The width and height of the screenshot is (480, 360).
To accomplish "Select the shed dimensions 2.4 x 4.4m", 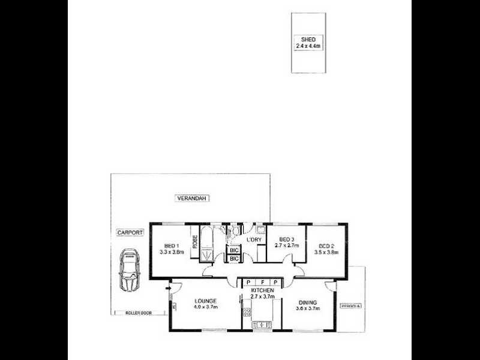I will (308, 45).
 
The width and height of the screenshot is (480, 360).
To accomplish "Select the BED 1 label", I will (171, 246).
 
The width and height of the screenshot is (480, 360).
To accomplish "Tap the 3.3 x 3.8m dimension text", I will (171, 253).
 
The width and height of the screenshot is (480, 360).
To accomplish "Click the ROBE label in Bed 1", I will (195, 242).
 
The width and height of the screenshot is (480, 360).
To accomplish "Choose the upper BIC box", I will (234, 250).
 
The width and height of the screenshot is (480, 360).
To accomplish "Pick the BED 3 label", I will (286, 239).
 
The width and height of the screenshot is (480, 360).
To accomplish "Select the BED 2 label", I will (326, 246).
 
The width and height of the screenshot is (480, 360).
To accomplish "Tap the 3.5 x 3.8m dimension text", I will (326, 253).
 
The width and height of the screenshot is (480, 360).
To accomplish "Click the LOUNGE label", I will (205, 301).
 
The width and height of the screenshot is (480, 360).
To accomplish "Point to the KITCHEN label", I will (262, 289).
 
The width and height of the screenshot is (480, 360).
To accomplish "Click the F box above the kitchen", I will (262, 282).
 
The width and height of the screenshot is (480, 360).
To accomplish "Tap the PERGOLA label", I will (352, 307).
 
